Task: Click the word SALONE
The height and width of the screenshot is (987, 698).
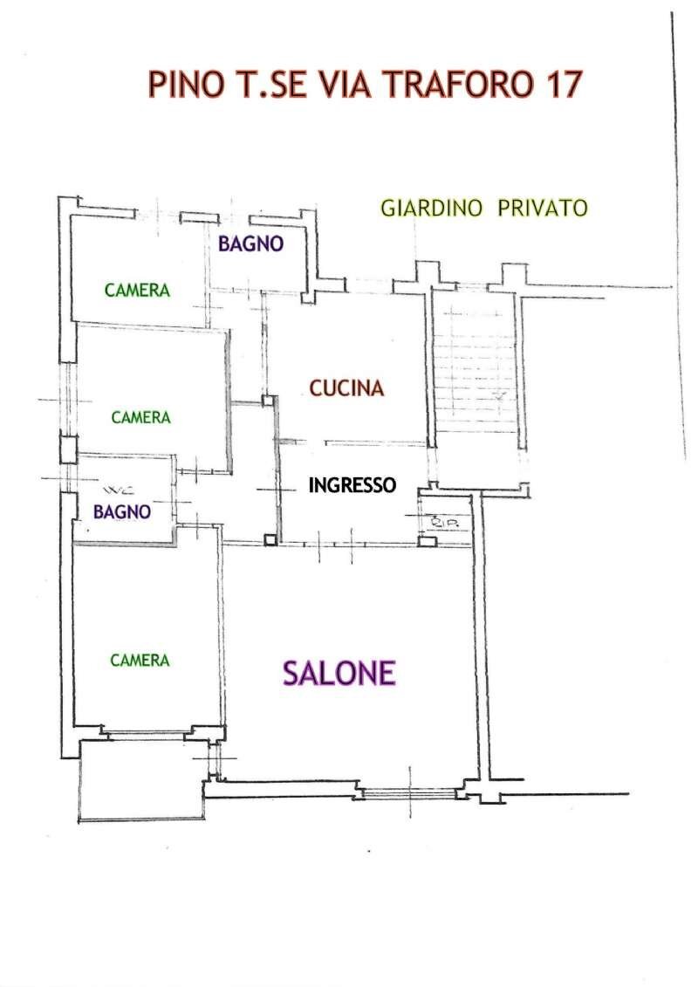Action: (x=339, y=673)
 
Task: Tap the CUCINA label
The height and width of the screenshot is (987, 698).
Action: (x=347, y=388)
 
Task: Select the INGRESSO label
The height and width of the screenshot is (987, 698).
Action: (x=352, y=485)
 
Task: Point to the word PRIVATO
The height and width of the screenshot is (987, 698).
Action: (x=543, y=209)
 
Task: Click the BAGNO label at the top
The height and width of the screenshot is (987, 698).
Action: (x=250, y=244)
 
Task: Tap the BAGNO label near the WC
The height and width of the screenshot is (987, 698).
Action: (x=122, y=512)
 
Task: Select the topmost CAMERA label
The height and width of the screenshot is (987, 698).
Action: (x=137, y=291)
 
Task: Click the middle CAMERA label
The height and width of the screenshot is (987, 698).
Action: (x=140, y=418)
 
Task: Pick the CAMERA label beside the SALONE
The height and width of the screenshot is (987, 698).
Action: (x=140, y=661)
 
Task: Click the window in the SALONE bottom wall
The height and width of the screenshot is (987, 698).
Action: (x=408, y=792)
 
